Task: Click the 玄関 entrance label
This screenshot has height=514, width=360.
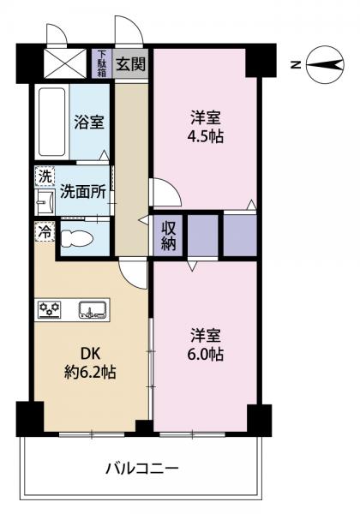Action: click(x=131, y=64)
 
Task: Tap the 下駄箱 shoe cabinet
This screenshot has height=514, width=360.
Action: click(x=102, y=63)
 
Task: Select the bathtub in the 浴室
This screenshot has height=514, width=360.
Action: click(x=51, y=122)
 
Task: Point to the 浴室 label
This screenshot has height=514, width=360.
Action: click(x=89, y=122)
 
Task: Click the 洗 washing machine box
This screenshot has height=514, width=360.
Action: click(x=45, y=176)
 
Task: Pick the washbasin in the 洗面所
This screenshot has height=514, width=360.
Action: click(x=45, y=201)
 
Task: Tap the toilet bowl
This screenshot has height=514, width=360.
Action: click(x=77, y=238)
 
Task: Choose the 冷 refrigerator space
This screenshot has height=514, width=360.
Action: click(x=45, y=232)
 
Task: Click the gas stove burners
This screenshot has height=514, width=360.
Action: click(x=50, y=308)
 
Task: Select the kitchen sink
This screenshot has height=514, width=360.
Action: click(x=92, y=310)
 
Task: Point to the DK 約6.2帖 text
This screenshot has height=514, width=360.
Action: click(x=89, y=363)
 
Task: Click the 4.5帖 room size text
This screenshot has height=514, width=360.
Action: click(x=205, y=136)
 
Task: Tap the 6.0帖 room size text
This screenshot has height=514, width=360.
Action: click(x=205, y=354)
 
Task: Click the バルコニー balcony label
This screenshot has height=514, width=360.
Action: click(x=142, y=469)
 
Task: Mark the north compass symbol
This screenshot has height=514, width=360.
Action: click(x=325, y=64)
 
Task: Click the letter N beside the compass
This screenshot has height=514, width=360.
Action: click(x=296, y=65)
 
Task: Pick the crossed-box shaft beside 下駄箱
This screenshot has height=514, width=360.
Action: click(x=65, y=63)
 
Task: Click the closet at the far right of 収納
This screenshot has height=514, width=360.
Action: click(x=240, y=235)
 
